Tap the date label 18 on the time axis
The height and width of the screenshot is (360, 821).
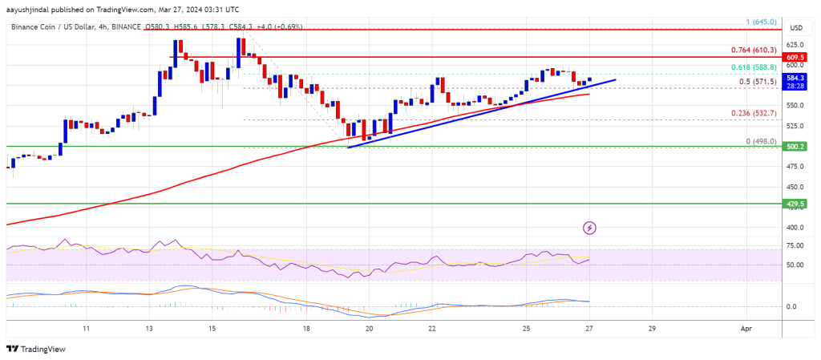coord(306,329)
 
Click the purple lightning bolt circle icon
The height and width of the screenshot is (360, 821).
coord(590,228)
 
